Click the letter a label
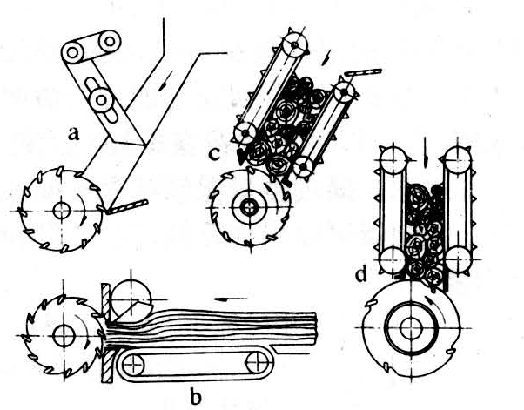click(x=73, y=134)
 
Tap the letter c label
click(x=214, y=153)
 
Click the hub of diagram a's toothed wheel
click(x=62, y=211)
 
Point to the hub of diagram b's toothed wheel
click(x=63, y=335)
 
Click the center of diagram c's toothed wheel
click(x=249, y=207)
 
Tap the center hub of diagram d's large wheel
click(x=411, y=327)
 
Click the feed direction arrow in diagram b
click(x=231, y=299)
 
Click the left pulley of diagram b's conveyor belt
click(x=132, y=364)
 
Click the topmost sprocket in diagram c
click(x=294, y=44)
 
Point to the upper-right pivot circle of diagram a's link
click(x=110, y=42)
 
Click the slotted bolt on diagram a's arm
click(x=100, y=99)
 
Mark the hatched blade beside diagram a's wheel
click(x=127, y=207)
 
